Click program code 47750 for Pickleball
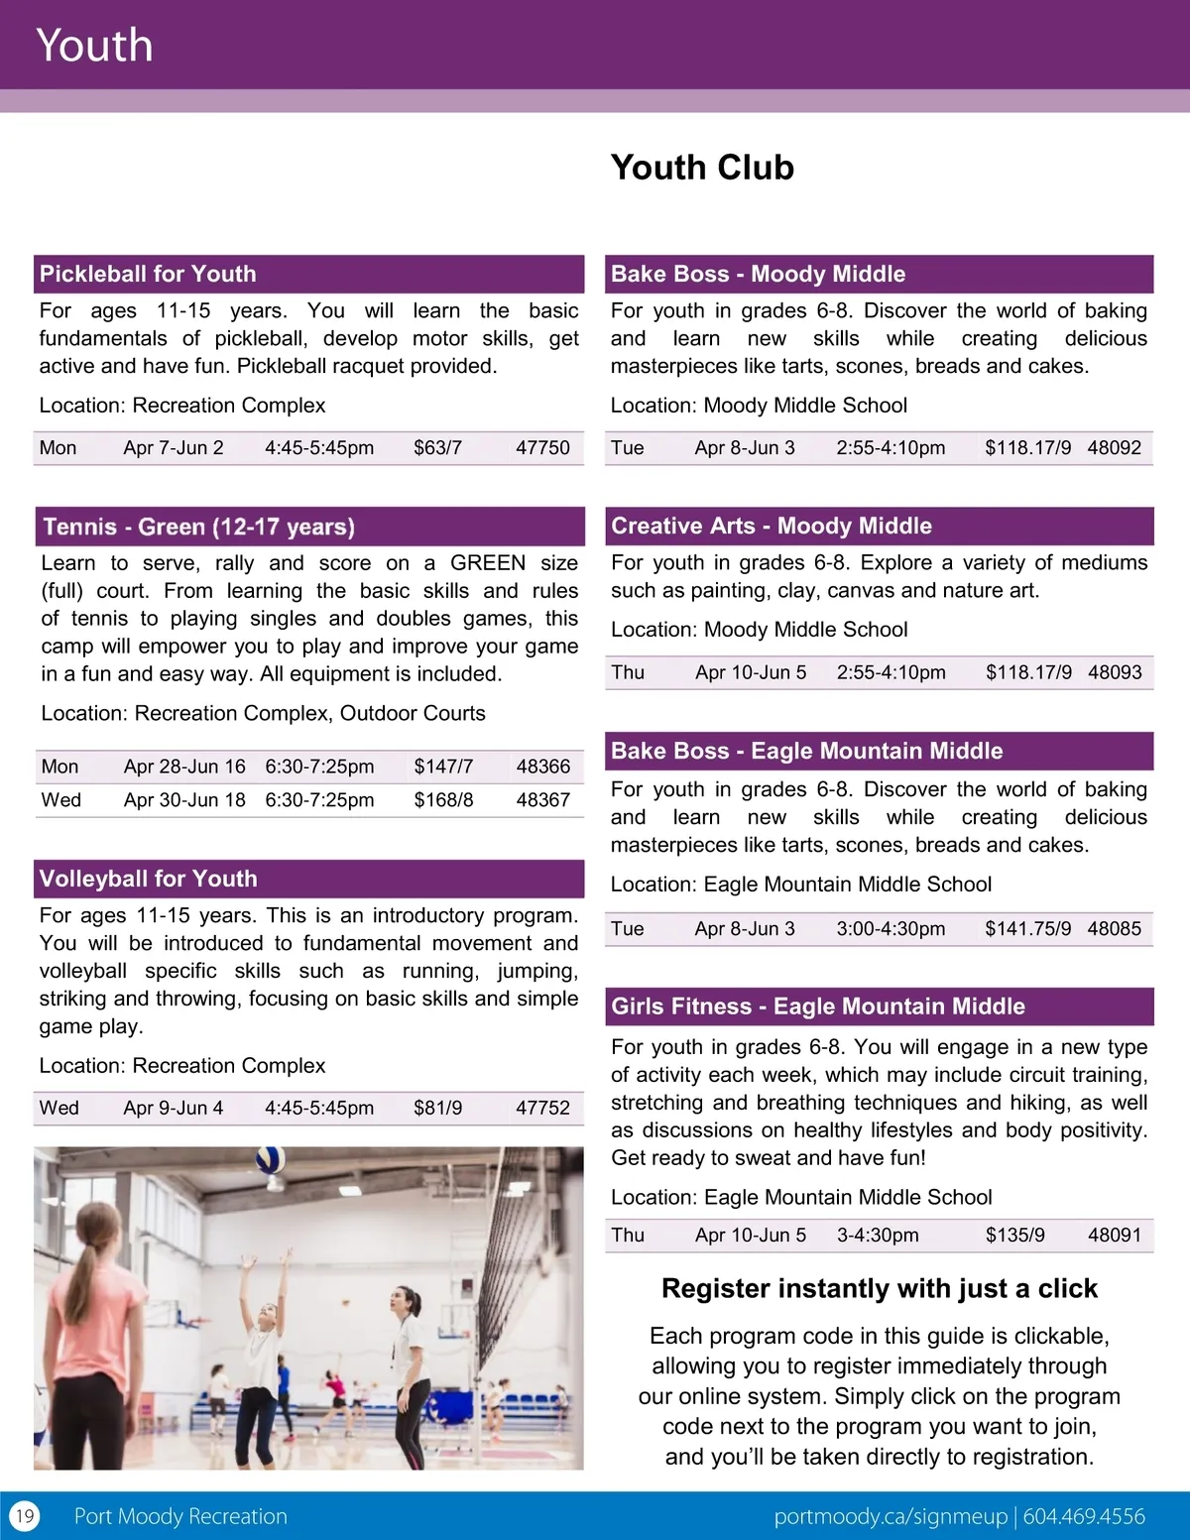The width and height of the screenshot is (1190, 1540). point(542,447)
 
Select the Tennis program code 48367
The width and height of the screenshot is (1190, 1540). point(542,800)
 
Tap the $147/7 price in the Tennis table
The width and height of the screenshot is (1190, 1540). point(443,767)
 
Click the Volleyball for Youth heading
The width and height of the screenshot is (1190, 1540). point(148,879)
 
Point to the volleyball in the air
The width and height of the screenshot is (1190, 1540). point(271,1160)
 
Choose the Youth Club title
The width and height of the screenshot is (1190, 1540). point(702,168)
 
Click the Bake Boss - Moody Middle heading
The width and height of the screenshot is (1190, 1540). point(758,274)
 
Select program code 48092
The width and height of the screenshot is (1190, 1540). point(1114,447)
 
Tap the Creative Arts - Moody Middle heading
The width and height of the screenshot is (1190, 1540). point(771,526)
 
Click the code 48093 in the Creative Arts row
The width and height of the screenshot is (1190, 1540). point(1115,672)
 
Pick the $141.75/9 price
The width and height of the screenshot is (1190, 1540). point(1027,929)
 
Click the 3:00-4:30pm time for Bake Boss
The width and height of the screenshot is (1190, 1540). point(891,929)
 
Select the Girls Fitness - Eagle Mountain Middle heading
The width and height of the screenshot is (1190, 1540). point(817,1007)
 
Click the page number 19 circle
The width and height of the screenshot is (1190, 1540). point(24,1516)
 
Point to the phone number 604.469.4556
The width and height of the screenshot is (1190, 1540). point(1084,1516)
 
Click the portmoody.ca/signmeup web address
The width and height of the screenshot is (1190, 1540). point(890,1516)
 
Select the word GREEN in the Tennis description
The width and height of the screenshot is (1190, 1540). point(488,563)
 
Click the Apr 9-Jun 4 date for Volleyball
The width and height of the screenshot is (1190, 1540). point(174,1109)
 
